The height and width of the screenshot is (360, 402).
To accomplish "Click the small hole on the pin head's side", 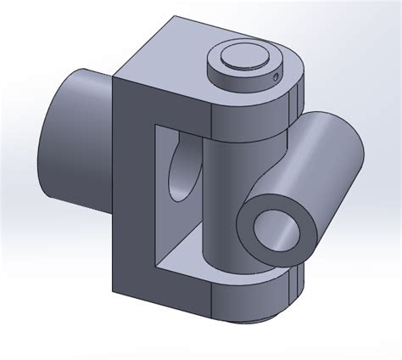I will (278, 82).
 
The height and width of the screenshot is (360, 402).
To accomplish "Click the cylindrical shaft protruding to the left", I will (72, 140).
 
